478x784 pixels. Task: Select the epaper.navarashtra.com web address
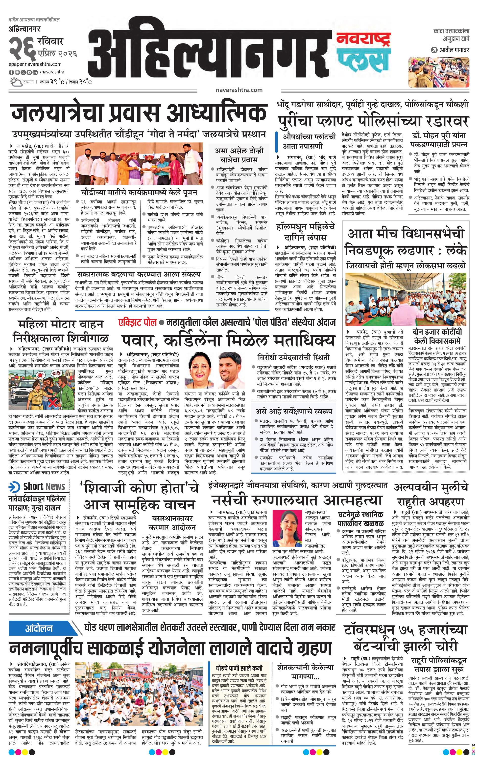click(35, 64)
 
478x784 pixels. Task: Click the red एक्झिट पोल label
click(137, 322)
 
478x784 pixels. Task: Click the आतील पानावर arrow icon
click(433, 50)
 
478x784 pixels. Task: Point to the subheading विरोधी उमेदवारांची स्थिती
click(294, 357)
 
